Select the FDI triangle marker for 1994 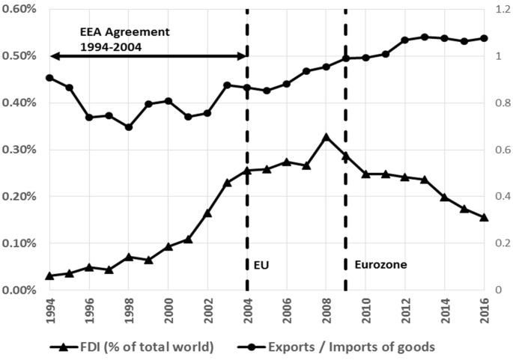click(49, 275)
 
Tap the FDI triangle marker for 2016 click(484, 217)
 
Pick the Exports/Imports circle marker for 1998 click(128, 127)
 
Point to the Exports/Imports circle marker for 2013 click(425, 37)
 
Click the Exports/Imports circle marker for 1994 click(49, 78)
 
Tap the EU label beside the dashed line click(258, 264)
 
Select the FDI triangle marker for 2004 click(247, 171)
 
